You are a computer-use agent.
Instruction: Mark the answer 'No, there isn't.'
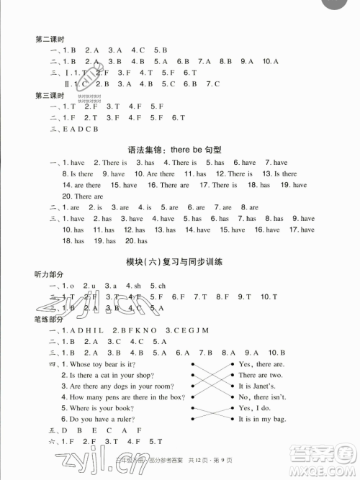(x=264, y=397)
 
